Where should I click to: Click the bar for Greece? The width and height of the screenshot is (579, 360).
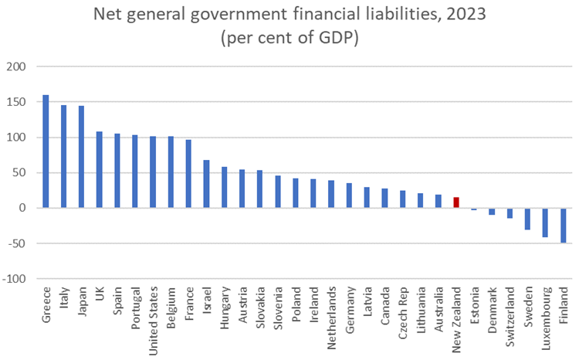(x=46, y=151)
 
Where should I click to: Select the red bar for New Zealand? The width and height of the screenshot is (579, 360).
(x=455, y=202)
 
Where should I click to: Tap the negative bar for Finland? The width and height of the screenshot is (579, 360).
(x=563, y=226)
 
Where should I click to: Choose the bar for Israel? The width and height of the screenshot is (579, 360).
(x=206, y=184)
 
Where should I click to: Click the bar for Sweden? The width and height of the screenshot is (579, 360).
(x=527, y=219)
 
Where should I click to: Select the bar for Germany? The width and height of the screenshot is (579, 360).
(x=349, y=195)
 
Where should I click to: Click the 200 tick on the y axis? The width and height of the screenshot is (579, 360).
(x=16, y=67)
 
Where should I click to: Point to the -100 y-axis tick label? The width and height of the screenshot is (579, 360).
(x=15, y=279)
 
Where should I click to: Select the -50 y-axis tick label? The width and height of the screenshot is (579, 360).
(x=17, y=243)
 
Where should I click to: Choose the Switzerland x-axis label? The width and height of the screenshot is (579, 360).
(x=510, y=313)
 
